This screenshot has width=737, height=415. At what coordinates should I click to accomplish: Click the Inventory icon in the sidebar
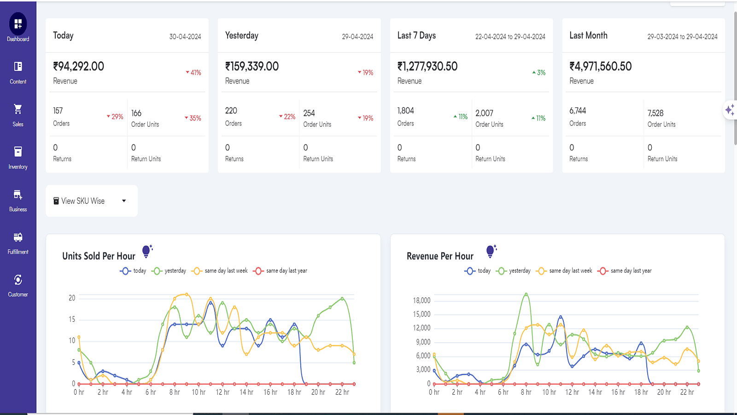pos(18,152)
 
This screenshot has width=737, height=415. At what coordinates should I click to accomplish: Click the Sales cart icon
pos(18,109)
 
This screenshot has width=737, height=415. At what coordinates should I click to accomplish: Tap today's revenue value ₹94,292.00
pos(79,66)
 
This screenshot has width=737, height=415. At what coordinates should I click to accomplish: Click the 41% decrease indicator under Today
pos(193,72)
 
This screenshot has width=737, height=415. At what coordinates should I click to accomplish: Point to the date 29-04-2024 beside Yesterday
pos(357,36)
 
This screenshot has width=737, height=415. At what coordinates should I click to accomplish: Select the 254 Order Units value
pos(309,113)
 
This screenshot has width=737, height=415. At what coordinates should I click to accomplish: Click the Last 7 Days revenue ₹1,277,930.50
pos(427,66)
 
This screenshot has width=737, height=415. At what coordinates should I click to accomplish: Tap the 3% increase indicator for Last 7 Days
pos(539,72)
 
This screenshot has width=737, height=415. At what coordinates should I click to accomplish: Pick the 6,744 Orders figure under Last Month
pos(578,111)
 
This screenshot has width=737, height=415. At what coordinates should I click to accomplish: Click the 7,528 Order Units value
pos(655,113)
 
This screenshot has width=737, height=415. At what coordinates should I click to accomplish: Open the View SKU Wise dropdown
pos(91,201)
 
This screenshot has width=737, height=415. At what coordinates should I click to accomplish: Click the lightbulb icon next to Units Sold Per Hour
pos(146,251)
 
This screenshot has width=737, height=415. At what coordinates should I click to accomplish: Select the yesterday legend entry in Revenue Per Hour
pos(514,271)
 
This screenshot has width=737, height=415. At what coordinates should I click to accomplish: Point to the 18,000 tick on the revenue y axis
pos(421,301)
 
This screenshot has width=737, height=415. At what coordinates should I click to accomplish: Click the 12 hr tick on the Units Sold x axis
pos(222,392)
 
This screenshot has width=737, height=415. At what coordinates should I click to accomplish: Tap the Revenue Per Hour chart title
pos(440,256)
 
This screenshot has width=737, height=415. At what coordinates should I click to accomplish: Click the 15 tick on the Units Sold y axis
pos(72,320)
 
